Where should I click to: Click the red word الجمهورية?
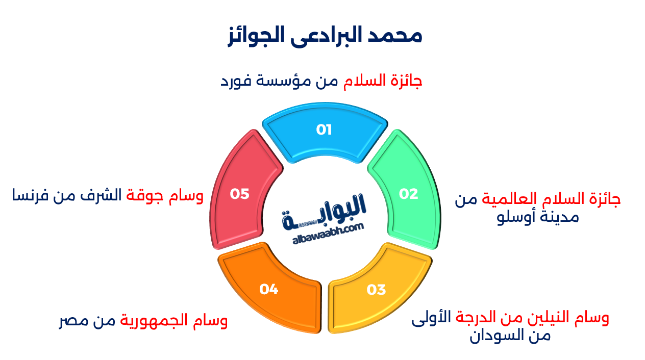[x=154, y=322]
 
